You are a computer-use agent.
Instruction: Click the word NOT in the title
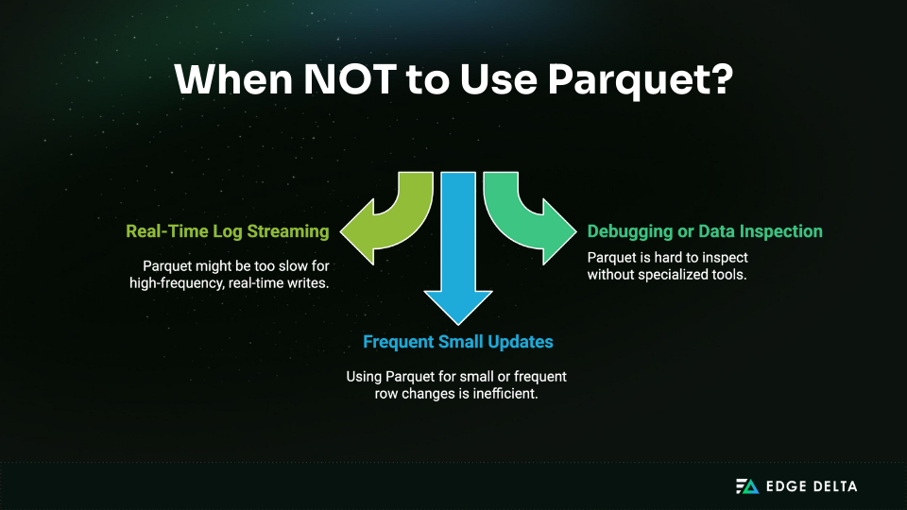click(x=350, y=78)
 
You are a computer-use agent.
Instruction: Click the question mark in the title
click(x=720, y=78)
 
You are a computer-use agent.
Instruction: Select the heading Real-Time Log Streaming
click(x=228, y=231)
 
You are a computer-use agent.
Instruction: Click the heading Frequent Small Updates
click(x=458, y=342)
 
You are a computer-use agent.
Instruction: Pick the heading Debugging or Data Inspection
click(x=705, y=231)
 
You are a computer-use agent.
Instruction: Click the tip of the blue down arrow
click(x=458, y=324)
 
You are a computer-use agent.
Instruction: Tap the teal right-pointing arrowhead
click(x=559, y=231)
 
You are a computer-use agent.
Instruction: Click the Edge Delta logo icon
click(x=746, y=486)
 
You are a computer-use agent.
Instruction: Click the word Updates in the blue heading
click(x=521, y=342)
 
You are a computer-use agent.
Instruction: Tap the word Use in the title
click(x=499, y=78)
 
